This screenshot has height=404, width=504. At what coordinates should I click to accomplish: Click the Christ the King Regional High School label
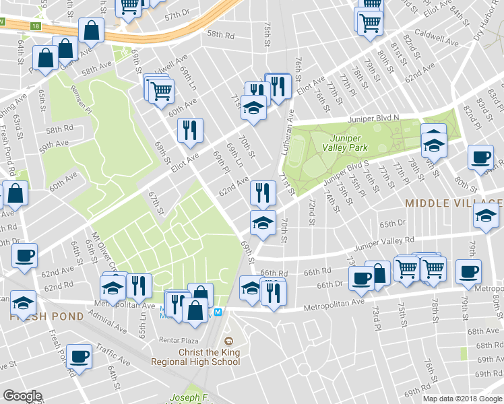point(209,357)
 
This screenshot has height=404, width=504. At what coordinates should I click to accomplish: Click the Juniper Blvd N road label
point(374,118)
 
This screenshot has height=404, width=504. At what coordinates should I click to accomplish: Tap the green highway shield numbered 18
point(35,26)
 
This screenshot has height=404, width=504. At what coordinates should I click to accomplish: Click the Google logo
point(22,397)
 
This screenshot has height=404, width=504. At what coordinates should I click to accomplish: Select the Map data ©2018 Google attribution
point(462,399)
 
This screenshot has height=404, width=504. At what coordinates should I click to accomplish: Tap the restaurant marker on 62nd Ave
point(263,193)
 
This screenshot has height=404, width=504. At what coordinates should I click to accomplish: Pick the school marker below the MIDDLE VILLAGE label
point(485,215)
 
